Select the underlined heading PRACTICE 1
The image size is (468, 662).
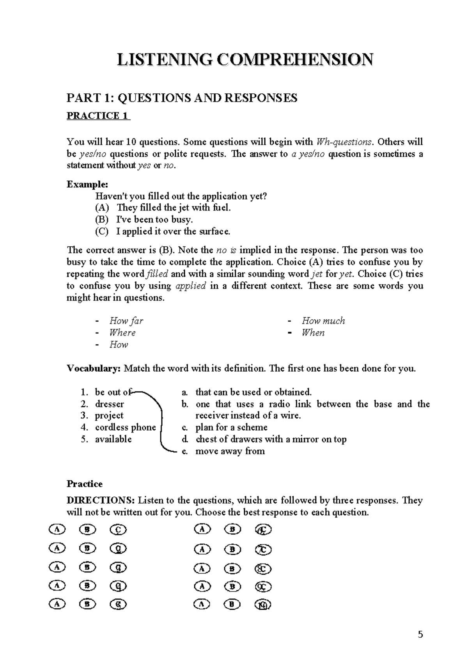point(98,116)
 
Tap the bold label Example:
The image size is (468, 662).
point(87,184)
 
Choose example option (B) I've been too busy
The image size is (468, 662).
point(154,219)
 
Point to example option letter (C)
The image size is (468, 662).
point(101,231)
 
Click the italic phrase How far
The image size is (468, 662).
point(126,321)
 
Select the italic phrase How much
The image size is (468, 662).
point(323,321)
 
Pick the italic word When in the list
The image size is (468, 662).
point(313,333)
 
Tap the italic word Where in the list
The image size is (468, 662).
point(122,333)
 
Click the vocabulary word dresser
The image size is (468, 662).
point(109,404)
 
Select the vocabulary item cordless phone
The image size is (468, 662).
point(125,427)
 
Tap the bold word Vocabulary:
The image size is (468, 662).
point(94,368)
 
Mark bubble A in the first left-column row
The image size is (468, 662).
point(57,530)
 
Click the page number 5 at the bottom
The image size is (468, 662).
point(420,634)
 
